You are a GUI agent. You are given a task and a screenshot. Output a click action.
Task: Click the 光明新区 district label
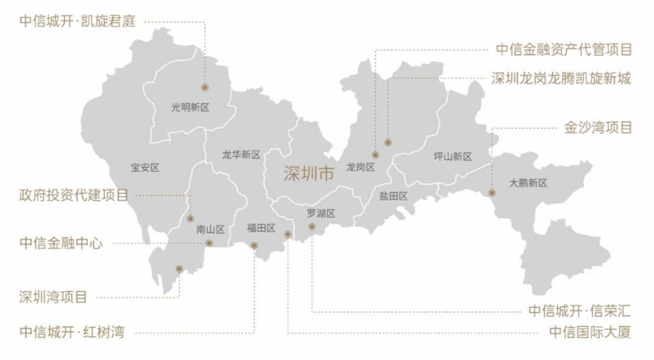click(191, 107)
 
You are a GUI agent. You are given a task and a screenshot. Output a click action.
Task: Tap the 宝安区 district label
click(145, 168)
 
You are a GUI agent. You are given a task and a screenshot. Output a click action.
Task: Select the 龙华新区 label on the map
click(241, 155)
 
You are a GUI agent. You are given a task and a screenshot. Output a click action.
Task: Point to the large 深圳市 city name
click(309, 174)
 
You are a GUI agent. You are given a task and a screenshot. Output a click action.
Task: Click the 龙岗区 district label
click(361, 167)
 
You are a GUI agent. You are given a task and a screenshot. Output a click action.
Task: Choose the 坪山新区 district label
click(453, 156)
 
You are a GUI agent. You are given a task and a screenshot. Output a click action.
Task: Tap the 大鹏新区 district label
click(528, 183)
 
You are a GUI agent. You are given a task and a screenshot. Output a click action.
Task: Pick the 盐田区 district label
click(394, 196)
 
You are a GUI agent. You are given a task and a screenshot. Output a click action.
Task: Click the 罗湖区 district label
click(321, 214)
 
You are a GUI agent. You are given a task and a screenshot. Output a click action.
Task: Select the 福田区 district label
click(261, 229)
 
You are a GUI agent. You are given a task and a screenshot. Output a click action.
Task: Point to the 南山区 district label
click(210, 230)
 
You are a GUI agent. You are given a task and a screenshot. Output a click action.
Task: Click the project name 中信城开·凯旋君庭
click(77, 21)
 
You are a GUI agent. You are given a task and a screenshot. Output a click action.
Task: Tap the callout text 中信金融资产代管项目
click(564, 50)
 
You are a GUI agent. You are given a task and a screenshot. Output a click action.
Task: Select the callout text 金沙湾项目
click(598, 127)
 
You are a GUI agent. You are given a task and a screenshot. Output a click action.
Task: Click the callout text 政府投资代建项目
click(73, 195)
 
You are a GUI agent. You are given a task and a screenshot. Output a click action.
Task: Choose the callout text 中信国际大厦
click(590, 332)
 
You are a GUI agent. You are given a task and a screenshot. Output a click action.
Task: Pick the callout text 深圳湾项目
click(53, 297)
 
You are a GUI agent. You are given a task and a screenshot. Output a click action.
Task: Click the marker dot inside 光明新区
click(205, 88)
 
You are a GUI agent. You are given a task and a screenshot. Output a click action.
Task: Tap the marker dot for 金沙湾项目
click(492, 193)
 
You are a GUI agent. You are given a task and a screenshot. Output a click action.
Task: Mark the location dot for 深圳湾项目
click(179, 268)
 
